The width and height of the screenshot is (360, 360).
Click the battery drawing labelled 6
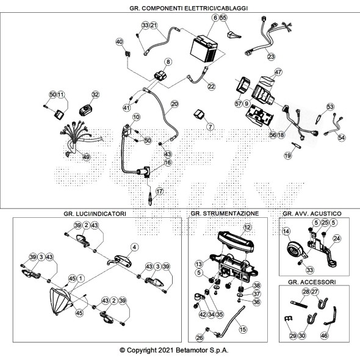[204, 49]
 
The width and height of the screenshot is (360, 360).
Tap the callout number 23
[271, 57]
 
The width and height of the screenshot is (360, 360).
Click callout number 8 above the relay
[168, 62]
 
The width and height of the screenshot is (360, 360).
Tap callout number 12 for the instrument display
[247, 228]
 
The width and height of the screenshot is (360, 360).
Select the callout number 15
[243, 329]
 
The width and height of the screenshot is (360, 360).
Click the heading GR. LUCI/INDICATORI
[95, 214]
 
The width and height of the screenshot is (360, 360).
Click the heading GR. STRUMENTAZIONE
[225, 214]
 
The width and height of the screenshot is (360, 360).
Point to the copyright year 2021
[165, 350]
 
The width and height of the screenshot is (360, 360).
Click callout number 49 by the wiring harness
[86, 157]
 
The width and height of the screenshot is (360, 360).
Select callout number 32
[95, 95]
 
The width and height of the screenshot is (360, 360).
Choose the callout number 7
[210, 126]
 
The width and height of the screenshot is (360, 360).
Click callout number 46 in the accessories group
[324, 336]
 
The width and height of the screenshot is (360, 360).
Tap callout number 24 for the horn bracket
[337, 239]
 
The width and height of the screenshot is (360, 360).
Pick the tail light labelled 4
[120, 261]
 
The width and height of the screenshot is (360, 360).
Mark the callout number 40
[120, 41]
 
